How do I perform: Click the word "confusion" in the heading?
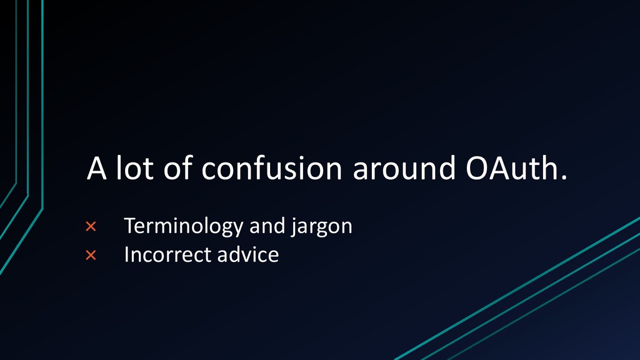coord(271,167)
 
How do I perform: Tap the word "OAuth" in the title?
coord(512,167)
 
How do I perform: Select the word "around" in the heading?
coord(404,167)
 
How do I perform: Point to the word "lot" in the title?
coord(135,167)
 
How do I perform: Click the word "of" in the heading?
coord(178,167)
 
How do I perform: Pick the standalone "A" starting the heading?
coord(97,167)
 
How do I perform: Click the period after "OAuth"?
coord(564,177)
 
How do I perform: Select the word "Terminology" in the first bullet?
coord(184,227)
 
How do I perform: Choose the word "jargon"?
coord(322,227)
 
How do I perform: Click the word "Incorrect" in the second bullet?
coord(167,255)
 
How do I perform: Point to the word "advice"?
coord(248,254)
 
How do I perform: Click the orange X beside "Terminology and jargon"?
coord(91,226)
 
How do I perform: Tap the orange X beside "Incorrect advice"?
coord(91,256)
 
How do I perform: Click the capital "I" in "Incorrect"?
coord(126,255)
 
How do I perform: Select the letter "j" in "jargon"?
coord(294,227)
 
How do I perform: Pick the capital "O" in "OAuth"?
coord(477,167)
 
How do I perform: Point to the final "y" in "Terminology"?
coord(238,229)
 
